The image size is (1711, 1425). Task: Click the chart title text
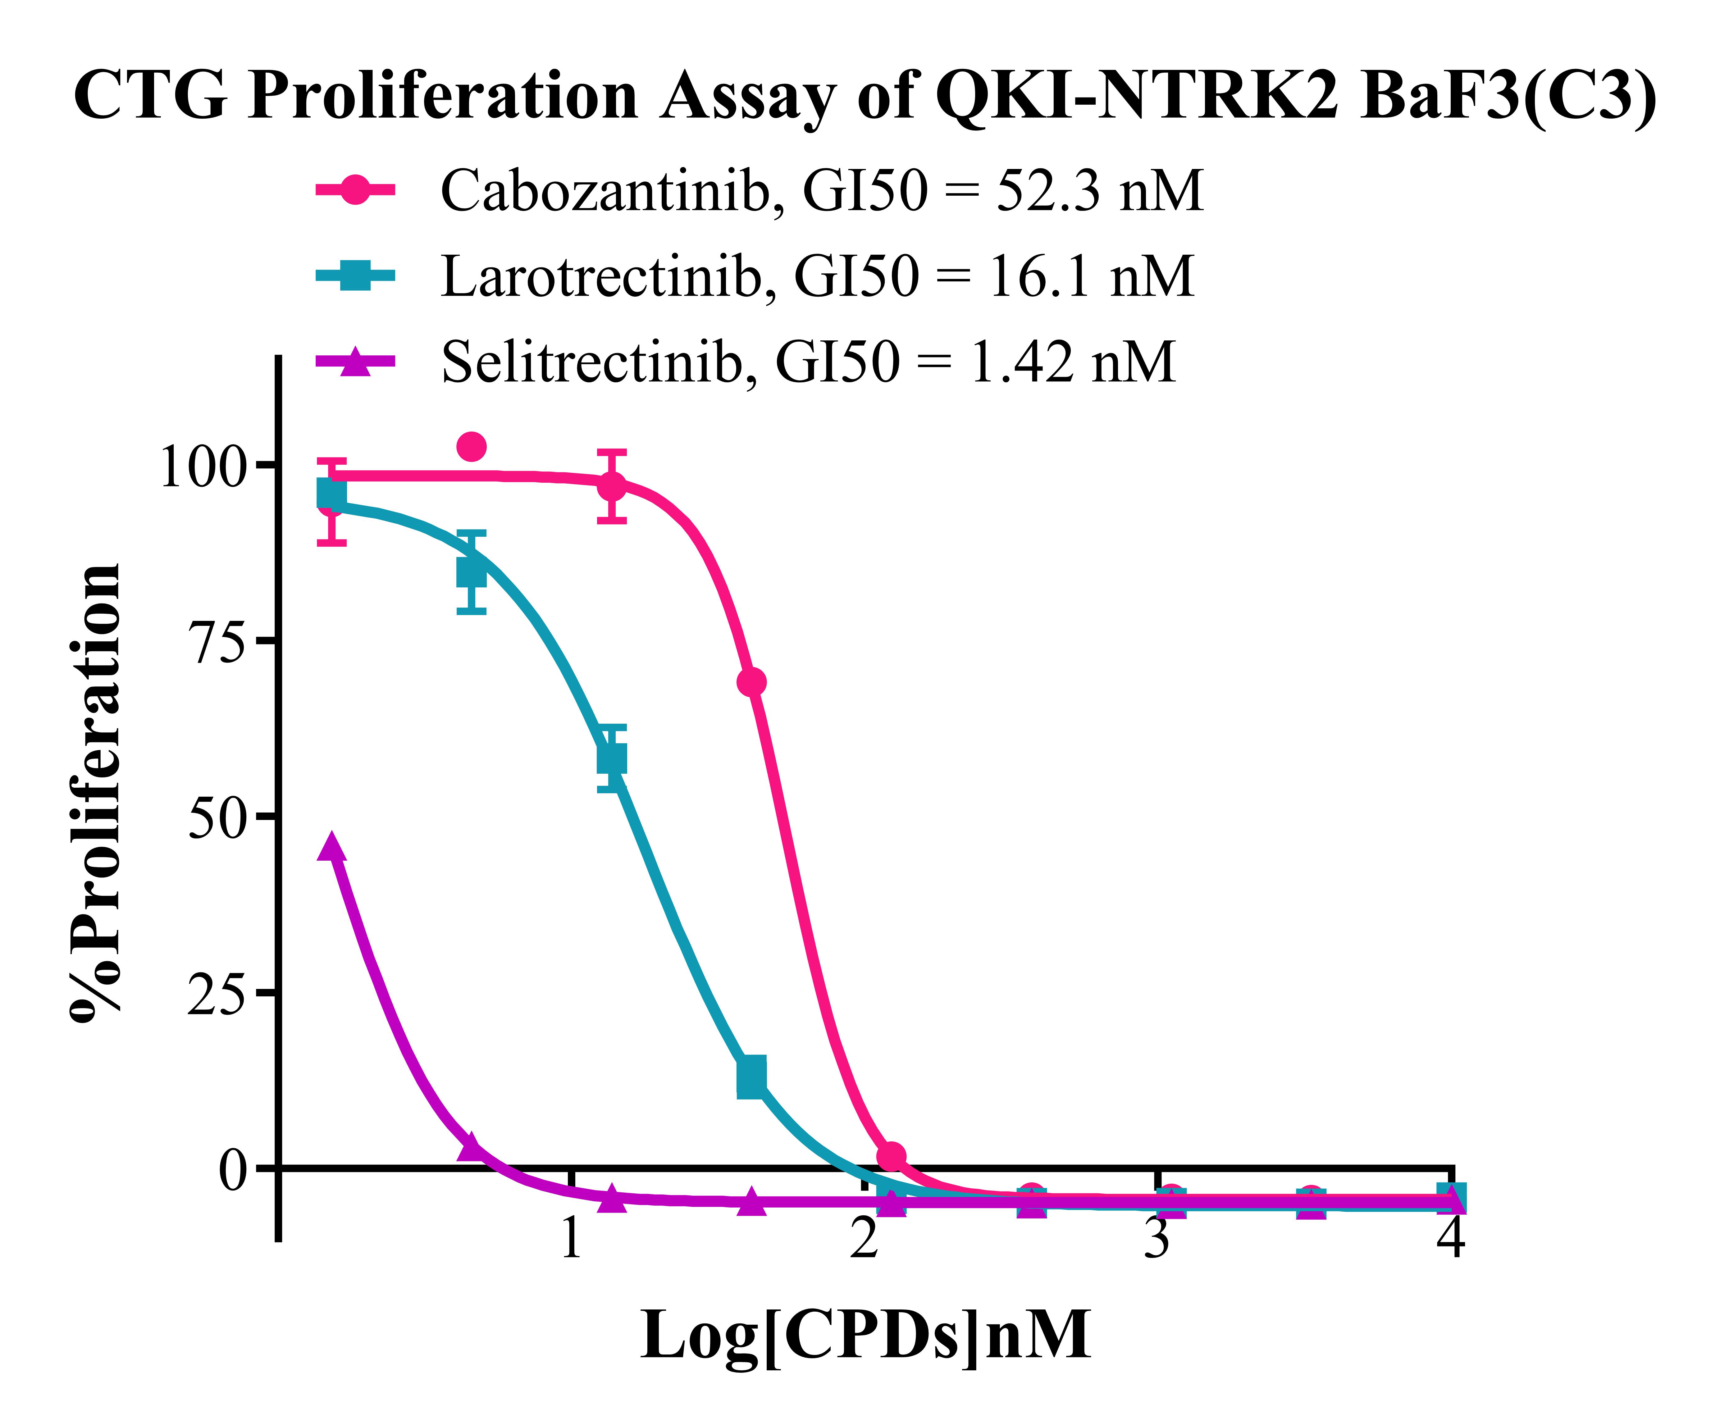coord(865,96)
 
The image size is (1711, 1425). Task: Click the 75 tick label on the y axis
coord(216,643)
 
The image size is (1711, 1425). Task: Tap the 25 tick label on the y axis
coord(216,995)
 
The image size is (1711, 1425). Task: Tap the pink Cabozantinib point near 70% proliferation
coord(751,682)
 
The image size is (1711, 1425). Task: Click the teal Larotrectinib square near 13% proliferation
coord(751,1077)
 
